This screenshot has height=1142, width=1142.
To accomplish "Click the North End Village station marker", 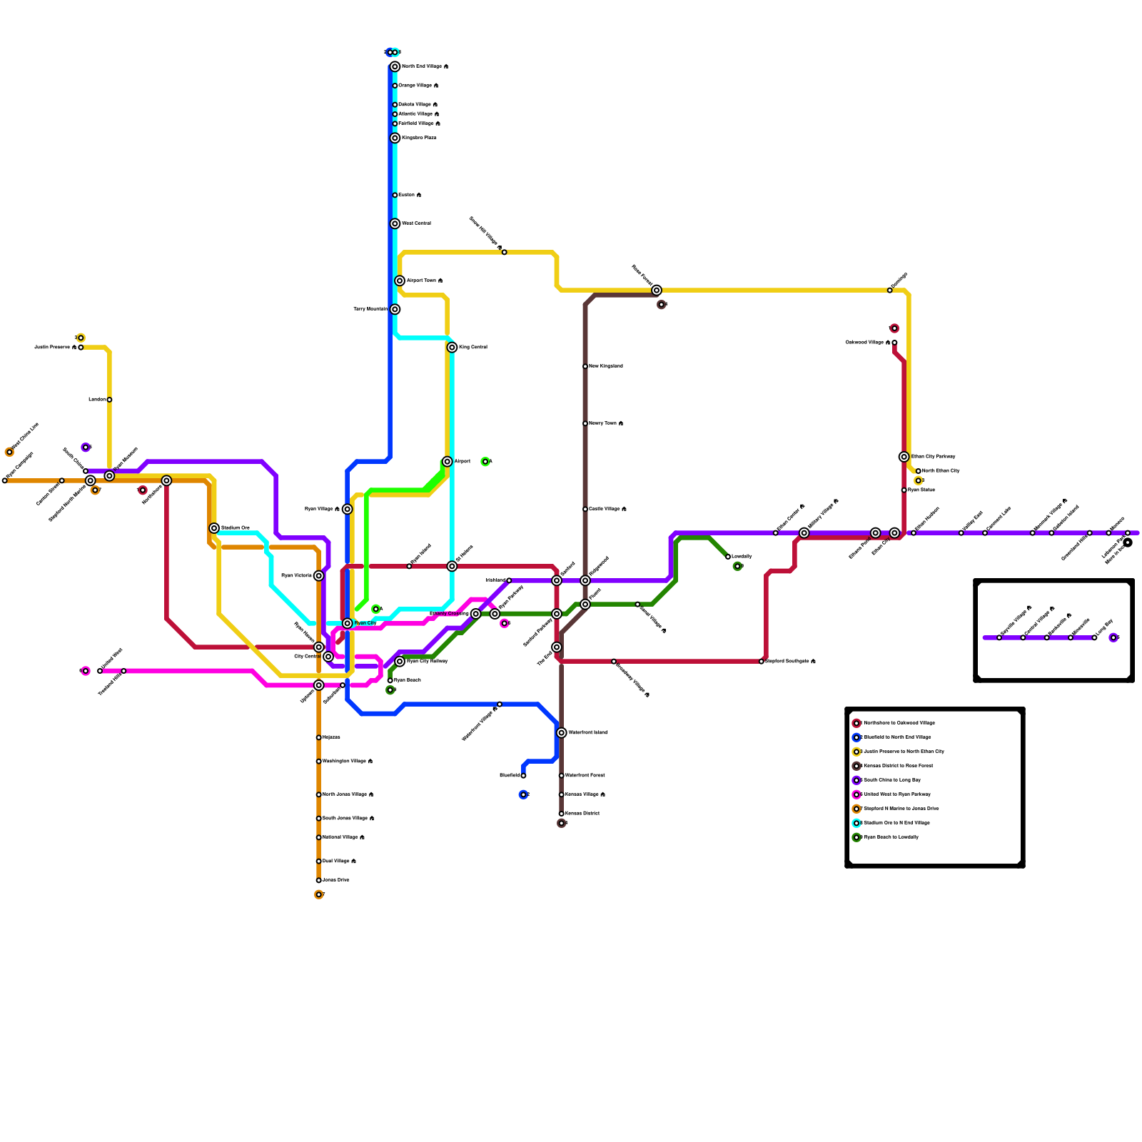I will [395, 66].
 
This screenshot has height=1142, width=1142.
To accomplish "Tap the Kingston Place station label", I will [419, 138].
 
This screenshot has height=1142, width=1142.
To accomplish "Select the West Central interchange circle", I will [395, 223].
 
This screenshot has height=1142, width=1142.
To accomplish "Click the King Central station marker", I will [452, 348].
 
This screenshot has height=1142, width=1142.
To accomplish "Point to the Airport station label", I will [462, 462].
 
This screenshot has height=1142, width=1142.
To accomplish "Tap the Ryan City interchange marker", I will [348, 623].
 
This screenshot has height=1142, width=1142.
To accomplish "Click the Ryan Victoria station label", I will [296, 576].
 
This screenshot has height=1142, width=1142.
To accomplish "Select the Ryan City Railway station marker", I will [400, 662].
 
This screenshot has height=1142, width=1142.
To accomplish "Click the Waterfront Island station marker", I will [562, 733].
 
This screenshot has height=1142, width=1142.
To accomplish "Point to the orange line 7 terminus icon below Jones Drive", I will [319, 894].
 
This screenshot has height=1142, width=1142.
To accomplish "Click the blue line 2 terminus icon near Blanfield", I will [523, 794].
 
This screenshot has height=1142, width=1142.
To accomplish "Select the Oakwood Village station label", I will [867, 343].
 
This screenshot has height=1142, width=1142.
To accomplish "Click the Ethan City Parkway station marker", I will [904, 457].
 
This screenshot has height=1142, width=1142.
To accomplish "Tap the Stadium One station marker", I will [214, 528].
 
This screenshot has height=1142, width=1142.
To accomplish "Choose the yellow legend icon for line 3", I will [856, 752].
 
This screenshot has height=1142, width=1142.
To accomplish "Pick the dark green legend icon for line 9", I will [856, 837].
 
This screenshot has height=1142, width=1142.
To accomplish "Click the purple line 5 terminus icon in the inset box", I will [1113, 637].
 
